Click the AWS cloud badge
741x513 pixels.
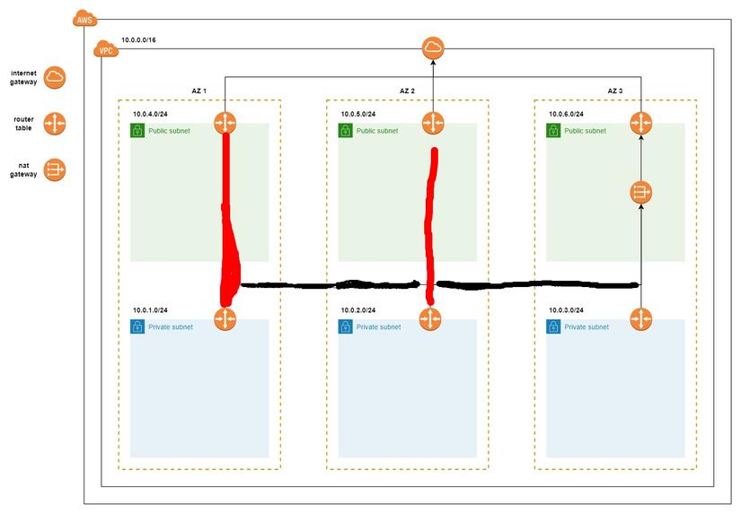[84, 20]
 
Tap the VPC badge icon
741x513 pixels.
[105, 49]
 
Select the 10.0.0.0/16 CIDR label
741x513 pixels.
[139, 41]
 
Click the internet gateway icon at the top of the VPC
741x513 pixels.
[433, 48]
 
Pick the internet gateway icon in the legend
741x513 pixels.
[56, 77]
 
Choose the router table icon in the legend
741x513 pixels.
[56, 123]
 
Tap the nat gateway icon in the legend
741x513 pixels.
[56, 170]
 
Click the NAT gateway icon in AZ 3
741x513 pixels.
[640, 192]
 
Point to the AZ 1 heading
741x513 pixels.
[198, 91]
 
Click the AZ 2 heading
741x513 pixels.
[407, 91]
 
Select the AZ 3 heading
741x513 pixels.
[615, 91]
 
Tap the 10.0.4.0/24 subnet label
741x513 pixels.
[151, 114]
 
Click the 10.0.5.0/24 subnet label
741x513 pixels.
[358, 114]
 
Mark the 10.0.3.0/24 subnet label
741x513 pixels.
[567, 310]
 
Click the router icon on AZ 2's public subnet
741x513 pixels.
[433, 123]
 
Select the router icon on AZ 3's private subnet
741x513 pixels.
[640, 319]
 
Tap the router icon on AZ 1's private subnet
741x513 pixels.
[225, 319]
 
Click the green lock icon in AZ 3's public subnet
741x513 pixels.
[553, 131]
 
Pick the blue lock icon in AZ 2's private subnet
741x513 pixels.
[345, 327]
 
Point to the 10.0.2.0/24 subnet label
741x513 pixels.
[358, 310]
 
